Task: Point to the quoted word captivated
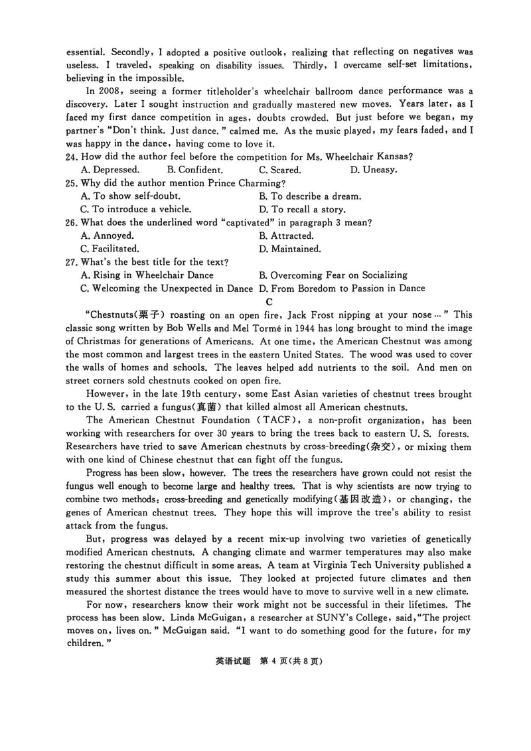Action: [x=246, y=223]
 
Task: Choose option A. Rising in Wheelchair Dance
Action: [x=147, y=275]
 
